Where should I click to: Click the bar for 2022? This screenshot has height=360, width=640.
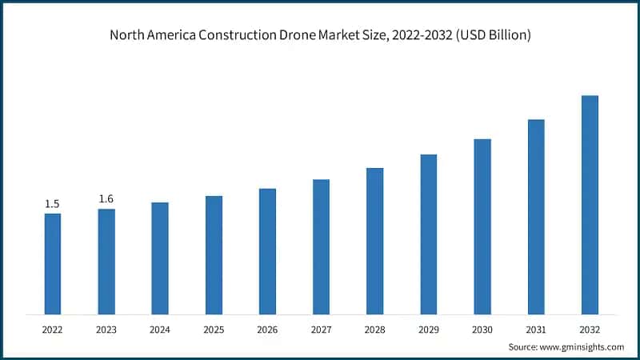click(53, 263)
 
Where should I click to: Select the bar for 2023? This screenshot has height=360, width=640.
click(106, 261)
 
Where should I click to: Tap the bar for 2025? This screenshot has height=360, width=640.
click(214, 254)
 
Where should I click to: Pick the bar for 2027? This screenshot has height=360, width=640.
click(321, 246)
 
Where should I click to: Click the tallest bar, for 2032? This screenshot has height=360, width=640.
click(590, 205)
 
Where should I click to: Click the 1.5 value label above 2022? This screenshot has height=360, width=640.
click(53, 203)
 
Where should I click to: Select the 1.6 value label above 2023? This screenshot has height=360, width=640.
click(106, 198)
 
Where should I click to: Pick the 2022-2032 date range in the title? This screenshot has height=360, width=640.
click(421, 36)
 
